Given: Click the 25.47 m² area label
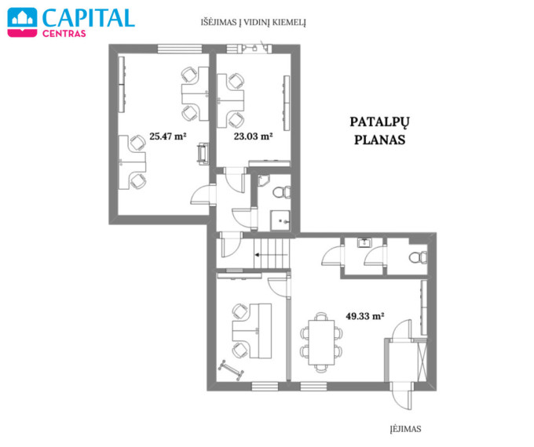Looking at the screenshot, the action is pos(168,136).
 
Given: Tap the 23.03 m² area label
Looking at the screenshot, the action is pos(253,136).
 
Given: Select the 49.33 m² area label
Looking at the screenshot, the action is pos(365,316).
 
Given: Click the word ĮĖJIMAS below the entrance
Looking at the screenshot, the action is pos(406,429).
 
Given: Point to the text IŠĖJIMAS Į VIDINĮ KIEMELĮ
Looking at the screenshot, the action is pos(254,23).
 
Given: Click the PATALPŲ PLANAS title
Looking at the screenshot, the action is pos(380,131).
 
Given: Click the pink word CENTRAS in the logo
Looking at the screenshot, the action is pos(64,34).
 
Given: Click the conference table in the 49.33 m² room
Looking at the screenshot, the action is pos(321,342).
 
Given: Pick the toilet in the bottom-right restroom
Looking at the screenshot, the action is pos(418,257).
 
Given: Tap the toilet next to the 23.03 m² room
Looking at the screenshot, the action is pos(282,192).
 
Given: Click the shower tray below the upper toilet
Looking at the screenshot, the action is pos(280,220).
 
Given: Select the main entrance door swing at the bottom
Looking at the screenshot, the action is pos(402,395).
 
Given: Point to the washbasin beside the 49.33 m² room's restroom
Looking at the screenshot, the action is pos(364,243).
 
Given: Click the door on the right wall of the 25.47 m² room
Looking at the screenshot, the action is pos(203,194).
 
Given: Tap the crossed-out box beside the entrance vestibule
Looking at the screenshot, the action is pos(422,362).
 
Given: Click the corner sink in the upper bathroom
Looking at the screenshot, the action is pos(262,180).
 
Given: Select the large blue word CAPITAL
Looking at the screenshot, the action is pos(89,18).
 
